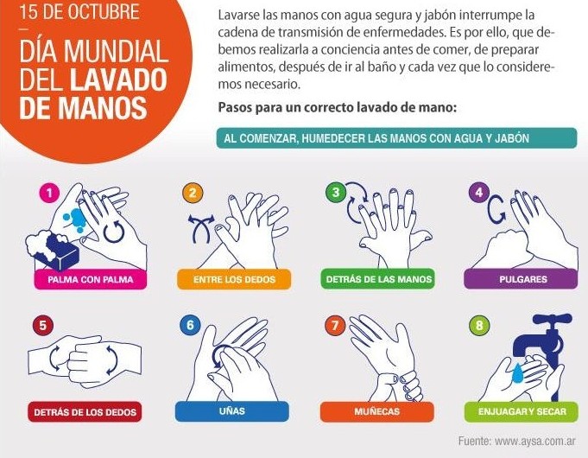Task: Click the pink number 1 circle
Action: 49,193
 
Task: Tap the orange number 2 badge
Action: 193,193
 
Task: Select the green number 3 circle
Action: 336,192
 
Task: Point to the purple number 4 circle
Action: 479,192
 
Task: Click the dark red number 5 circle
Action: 43,325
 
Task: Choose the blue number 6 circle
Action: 190,325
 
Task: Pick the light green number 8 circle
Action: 479,325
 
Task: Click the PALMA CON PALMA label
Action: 91,279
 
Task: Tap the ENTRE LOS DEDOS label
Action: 234,279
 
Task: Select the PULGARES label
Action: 522,279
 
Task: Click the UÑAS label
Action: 232,411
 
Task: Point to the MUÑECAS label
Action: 376,411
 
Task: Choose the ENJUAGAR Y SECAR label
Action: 522,411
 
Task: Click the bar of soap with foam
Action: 53,249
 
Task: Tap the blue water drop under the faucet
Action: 518,373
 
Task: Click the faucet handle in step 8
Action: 553,321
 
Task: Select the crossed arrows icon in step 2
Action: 201,228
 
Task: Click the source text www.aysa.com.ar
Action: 534,441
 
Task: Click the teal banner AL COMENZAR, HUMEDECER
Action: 397,138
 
